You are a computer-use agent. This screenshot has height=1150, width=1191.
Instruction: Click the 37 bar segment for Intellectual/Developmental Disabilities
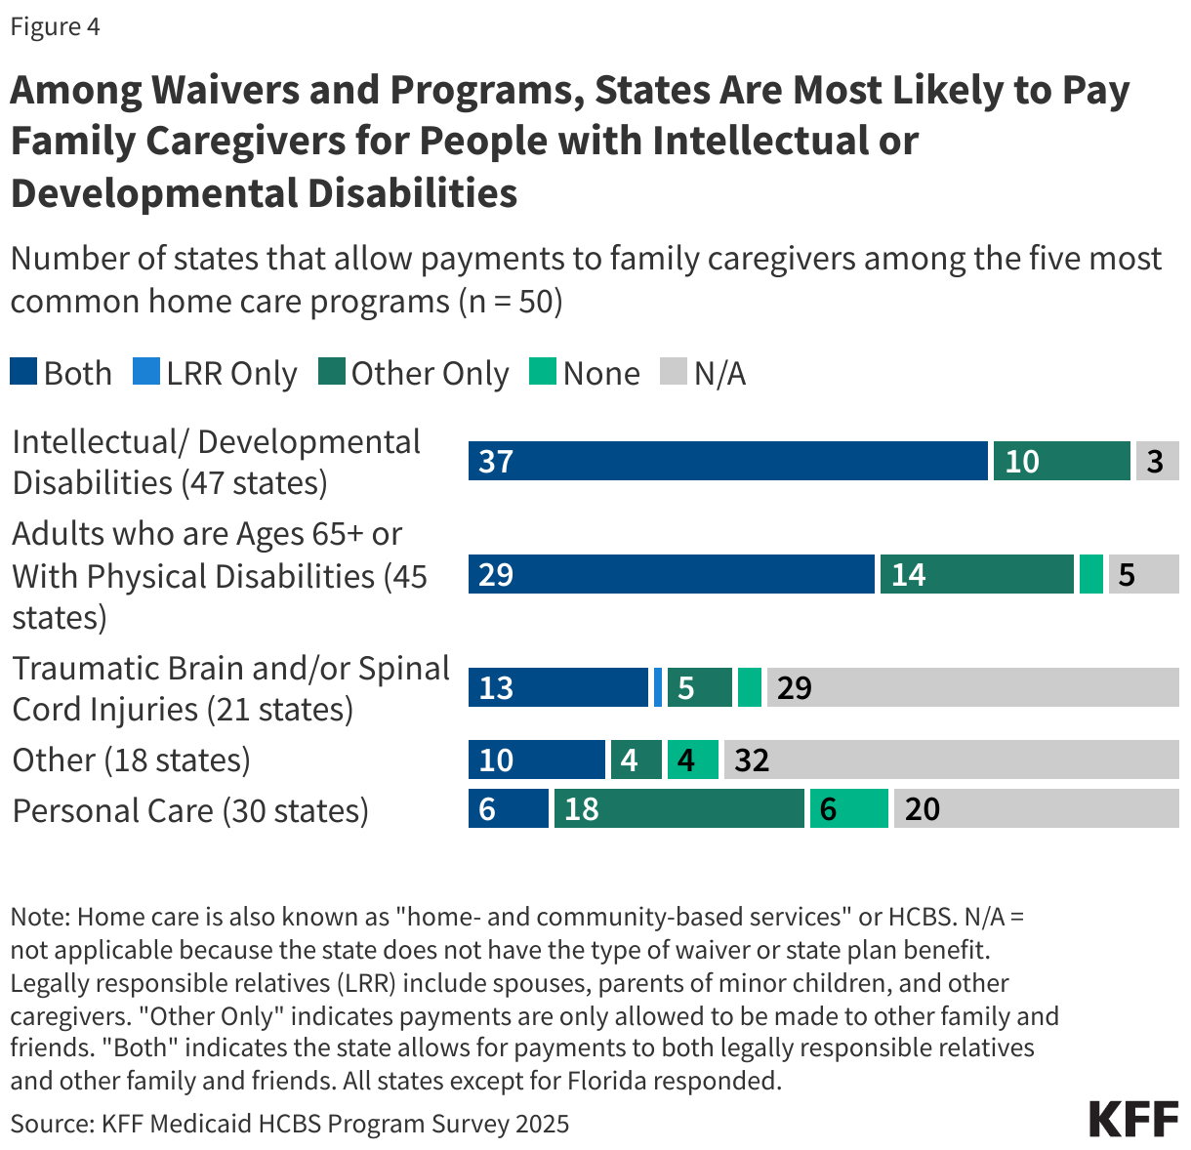pyautogui.click(x=727, y=461)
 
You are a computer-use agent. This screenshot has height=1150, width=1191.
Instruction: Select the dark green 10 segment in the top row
pyautogui.click(x=1061, y=461)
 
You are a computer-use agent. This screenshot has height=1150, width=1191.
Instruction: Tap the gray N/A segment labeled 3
pyautogui.click(x=1157, y=461)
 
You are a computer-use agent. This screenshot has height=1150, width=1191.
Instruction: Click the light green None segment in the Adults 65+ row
pyautogui.click(x=1091, y=574)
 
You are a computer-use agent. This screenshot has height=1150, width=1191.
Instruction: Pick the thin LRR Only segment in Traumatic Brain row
pyautogui.click(x=658, y=687)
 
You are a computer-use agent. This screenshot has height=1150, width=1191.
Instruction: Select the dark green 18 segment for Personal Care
pyautogui.click(x=678, y=808)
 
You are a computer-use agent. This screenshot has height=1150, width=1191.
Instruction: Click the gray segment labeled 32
pyautogui.click(x=951, y=760)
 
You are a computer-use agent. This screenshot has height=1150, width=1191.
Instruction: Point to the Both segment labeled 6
pyautogui.click(x=508, y=808)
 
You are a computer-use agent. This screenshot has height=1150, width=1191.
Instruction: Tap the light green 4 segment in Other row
pyautogui.click(x=692, y=760)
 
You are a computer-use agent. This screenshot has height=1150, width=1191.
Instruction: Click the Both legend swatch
pyautogui.click(x=24, y=372)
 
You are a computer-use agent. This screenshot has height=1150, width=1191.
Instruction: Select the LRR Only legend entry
pyautogui.click(x=215, y=373)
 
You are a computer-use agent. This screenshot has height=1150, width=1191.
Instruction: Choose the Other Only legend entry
pyautogui.click(x=414, y=373)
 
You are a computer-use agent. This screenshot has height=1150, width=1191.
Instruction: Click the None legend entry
pyautogui.click(x=585, y=373)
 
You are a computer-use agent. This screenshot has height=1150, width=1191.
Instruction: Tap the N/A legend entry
pyautogui.click(x=703, y=373)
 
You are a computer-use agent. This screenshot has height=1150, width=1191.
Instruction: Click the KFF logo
pyautogui.click(x=1133, y=1119)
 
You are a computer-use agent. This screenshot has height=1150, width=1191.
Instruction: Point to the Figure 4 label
pyautogui.click(x=55, y=26)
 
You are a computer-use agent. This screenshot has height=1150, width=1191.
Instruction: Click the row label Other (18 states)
pyautogui.click(x=131, y=760)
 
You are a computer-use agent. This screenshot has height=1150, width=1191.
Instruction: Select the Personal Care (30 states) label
pyautogui.click(x=190, y=810)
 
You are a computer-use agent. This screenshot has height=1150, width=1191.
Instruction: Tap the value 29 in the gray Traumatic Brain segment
pyautogui.click(x=794, y=687)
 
